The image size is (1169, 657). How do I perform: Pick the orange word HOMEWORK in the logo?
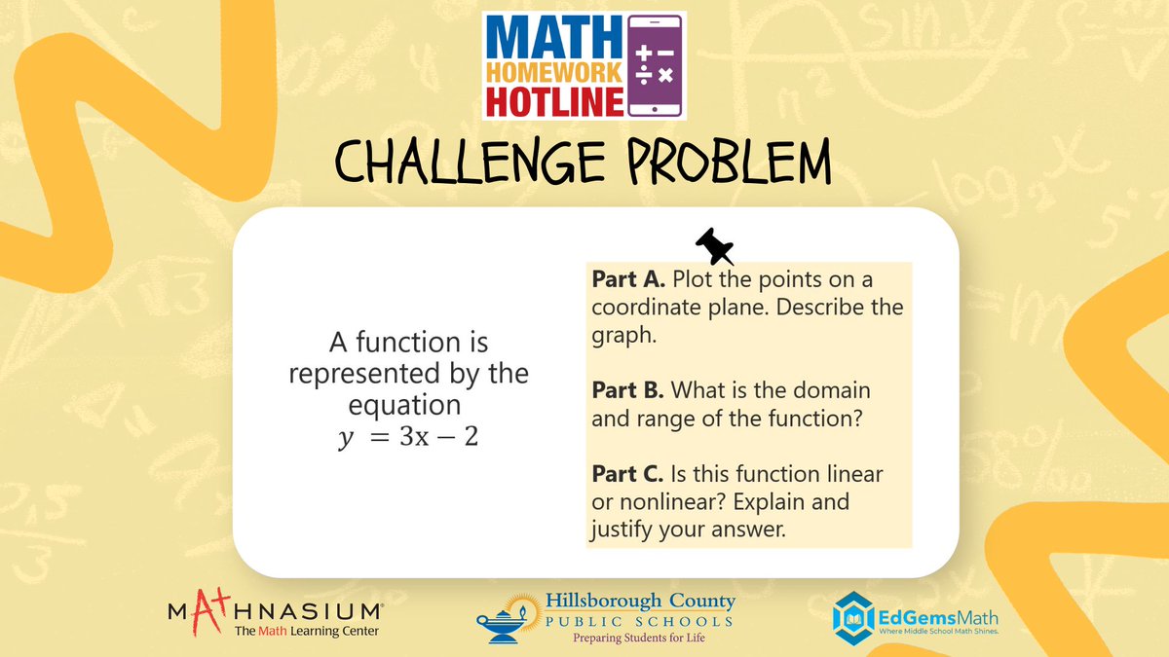click(x=551, y=71)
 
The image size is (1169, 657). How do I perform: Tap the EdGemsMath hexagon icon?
click(x=852, y=614)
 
